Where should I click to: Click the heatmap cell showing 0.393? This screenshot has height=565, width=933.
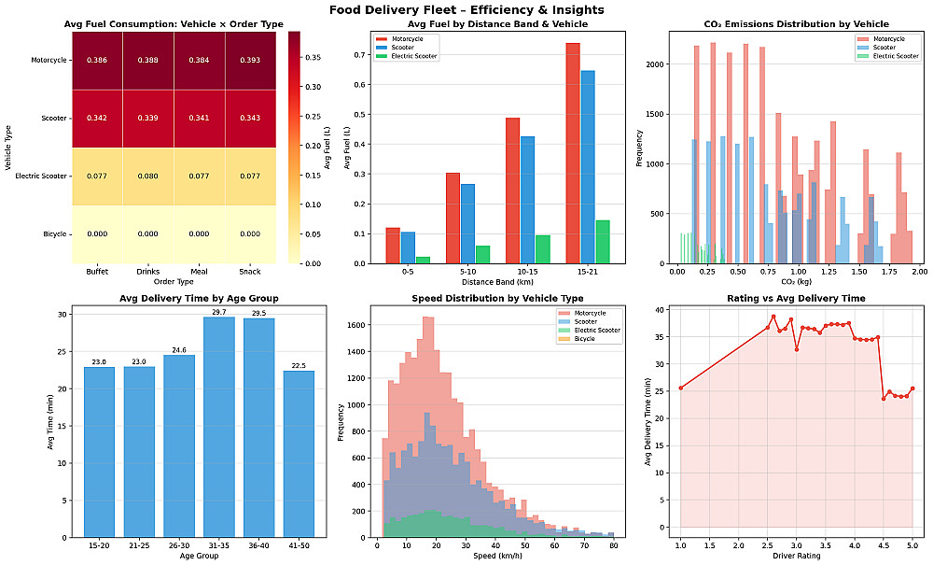click(x=250, y=60)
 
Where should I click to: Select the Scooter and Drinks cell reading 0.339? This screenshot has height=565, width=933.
click(x=147, y=118)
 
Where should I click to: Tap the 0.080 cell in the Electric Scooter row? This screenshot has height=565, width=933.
click(x=147, y=176)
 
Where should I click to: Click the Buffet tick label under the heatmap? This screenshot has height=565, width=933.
click(x=97, y=272)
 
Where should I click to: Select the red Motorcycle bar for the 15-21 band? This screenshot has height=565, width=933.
click(x=573, y=153)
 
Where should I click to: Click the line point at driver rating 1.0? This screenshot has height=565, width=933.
click(x=680, y=388)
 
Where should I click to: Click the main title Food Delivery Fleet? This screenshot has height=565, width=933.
click(x=466, y=10)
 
